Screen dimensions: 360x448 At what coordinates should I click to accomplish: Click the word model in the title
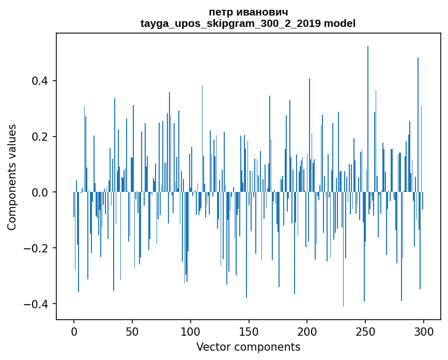[x=339, y=23]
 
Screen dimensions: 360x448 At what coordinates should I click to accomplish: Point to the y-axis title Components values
[x=12, y=177]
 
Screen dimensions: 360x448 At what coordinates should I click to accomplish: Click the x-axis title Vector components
[x=248, y=347]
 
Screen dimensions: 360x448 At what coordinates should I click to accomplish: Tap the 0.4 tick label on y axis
[x=39, y=81]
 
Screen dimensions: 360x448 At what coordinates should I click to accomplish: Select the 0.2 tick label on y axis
[x=39, y=137]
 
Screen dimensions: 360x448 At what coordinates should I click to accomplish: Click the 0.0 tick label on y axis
[x=39, y=192]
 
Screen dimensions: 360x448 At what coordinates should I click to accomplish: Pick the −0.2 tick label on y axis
[x=36, y=248]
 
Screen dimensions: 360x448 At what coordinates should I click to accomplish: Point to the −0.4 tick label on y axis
[x=36, y=304]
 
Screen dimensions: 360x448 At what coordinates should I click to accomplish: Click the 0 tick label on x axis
[x=74, y=331]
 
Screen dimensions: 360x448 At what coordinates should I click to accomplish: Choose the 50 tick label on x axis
[x=132, y=331]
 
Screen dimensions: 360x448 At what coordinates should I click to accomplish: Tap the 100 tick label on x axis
[x=191, y=331]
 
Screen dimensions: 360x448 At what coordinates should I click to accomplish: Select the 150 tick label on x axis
[x=249, y=331]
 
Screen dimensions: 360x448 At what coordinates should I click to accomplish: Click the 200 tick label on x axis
[x=307, y=331]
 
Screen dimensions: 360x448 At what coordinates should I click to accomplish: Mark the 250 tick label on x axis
[x=365, y=331]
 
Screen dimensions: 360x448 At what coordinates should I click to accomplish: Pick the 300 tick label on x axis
[x=424, y=331]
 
